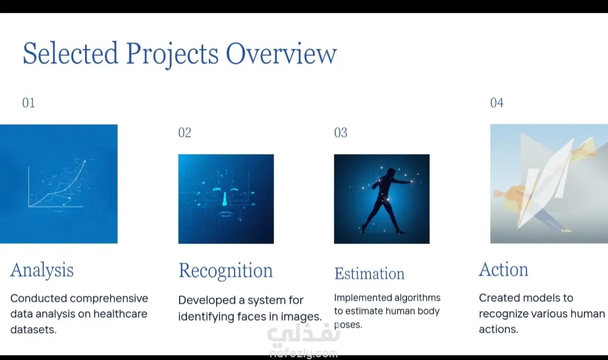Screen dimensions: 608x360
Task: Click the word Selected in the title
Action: [70, 53]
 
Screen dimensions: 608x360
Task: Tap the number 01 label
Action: [28, 103]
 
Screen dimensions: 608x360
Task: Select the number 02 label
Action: [185, 133]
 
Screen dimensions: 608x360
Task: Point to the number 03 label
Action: [341, 133]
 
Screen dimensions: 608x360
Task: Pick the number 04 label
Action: [497, 103]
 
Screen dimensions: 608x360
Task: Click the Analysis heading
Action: [42, 270]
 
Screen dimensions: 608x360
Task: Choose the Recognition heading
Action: [226, 271]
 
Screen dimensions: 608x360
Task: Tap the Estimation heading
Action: [369, 273]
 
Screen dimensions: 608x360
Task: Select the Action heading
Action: [503, 269]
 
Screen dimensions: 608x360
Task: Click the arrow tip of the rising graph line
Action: [85, 161]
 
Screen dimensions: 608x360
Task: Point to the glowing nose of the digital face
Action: [225, 199]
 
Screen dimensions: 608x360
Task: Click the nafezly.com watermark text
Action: [303, 353]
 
